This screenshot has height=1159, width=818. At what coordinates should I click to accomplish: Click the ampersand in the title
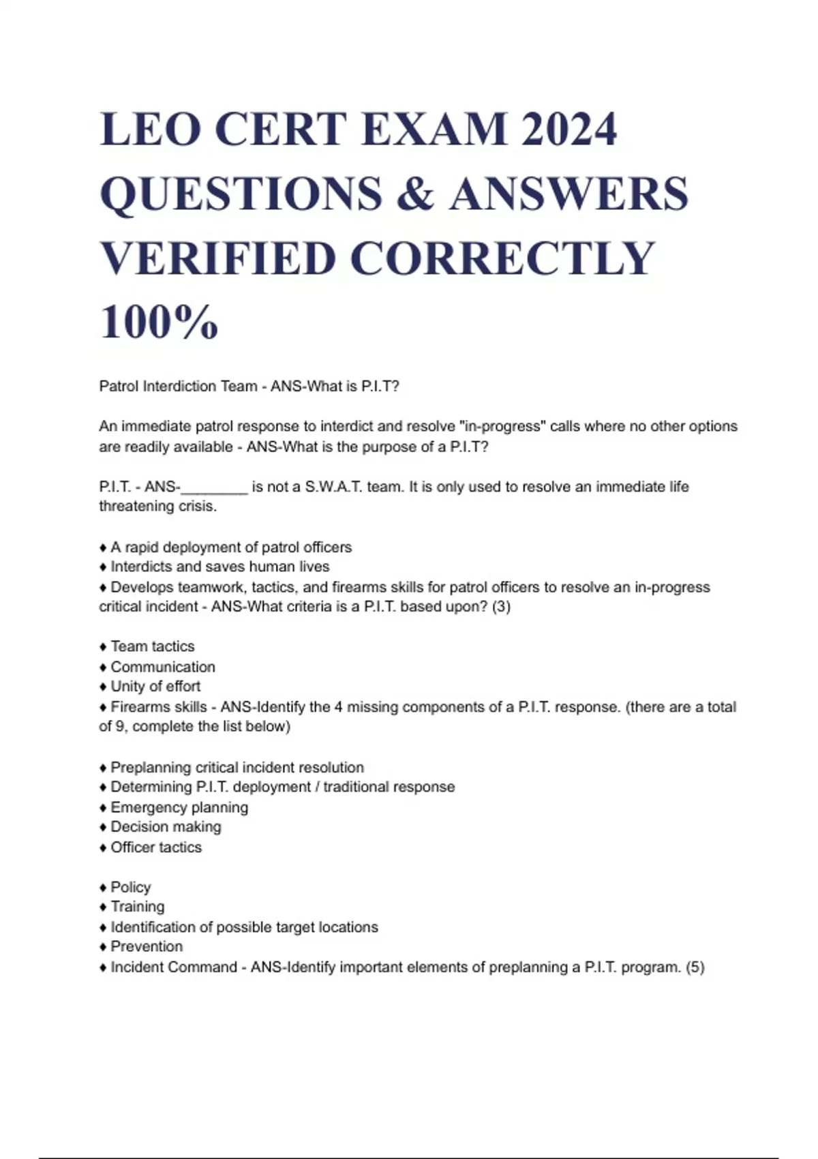(x=414, y=193)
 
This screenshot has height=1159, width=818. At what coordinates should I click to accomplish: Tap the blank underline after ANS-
(x=214, y=487)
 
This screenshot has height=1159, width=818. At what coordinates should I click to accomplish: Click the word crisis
(x=197, y=507)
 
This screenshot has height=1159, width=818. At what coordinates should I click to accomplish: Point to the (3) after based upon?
(x=501, y=607)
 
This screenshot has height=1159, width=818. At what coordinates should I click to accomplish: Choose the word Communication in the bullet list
(x=163, y=667)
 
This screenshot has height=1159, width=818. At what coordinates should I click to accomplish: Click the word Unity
(x=128, y=687)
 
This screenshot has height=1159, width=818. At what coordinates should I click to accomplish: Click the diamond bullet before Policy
(x=104, y=888)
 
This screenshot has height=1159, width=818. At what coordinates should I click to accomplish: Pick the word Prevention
(x=147, y=947)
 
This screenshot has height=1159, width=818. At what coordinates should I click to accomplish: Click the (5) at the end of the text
(x=695, y=967)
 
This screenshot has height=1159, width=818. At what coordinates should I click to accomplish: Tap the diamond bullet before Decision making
(x=104, y=828)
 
